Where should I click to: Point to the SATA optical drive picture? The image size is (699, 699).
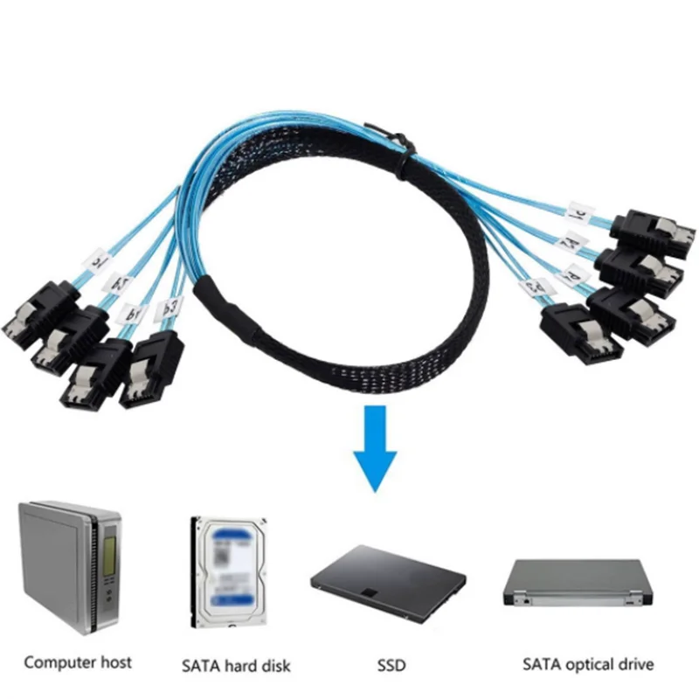[578, 582]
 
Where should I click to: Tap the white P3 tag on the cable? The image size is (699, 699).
[169, 308]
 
